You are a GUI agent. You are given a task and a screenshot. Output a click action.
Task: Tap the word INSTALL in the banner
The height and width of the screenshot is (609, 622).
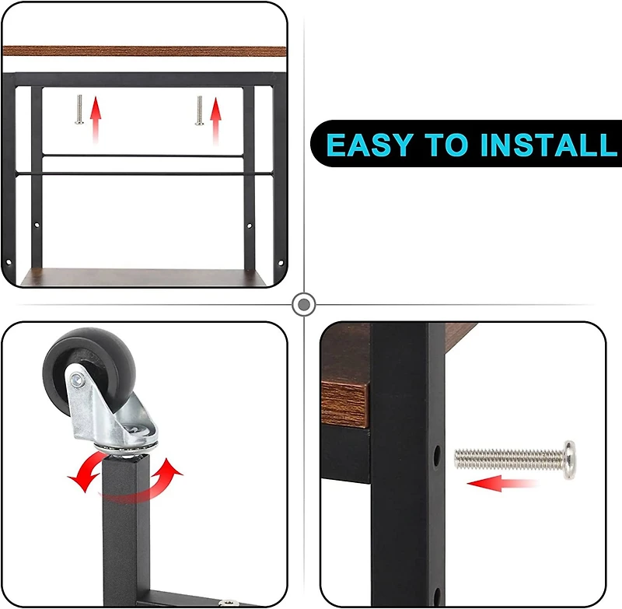point(549,145)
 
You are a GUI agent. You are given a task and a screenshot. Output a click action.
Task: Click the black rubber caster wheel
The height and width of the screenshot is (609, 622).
point(89,371)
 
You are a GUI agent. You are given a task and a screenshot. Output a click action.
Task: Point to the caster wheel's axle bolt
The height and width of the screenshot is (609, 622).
point(77,380)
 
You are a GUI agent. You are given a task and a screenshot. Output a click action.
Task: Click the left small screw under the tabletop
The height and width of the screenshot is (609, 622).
point(79,110)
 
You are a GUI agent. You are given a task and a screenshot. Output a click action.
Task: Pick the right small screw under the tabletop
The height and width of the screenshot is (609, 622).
point(199,110)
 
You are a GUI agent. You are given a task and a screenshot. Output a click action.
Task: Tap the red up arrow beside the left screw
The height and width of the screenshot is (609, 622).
point(95,120)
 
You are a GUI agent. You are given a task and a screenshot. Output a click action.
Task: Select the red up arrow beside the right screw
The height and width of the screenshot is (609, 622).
point(215,121)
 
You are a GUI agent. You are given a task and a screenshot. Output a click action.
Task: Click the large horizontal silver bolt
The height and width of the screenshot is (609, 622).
point(515,460)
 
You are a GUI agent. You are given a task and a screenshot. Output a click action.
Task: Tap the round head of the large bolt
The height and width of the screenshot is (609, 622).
point(570,460)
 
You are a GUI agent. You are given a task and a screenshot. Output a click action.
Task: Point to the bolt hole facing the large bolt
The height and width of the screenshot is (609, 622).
point(437,457)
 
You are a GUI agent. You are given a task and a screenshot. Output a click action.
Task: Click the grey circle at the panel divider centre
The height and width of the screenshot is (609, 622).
point(304,305)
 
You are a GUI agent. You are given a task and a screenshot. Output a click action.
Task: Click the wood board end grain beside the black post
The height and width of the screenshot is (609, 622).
point(344,404)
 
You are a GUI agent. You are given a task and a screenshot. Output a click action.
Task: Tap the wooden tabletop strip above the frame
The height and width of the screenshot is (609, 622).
point(145,51)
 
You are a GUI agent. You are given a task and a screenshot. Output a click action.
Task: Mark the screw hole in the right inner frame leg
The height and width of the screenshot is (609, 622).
point(249,226)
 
